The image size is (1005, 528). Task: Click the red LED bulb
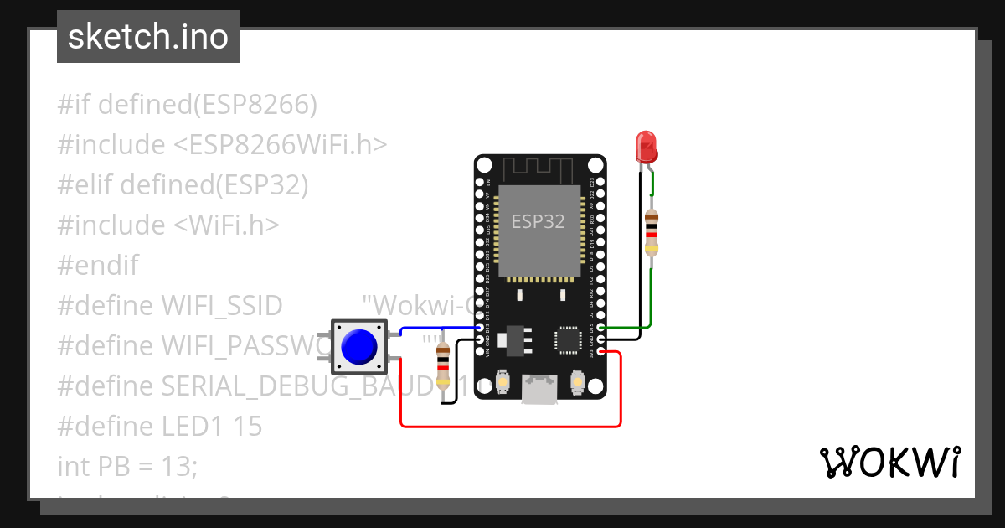point(646,147)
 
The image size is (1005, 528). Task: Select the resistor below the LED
point(652,232)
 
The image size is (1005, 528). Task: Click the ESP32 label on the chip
point(539,222)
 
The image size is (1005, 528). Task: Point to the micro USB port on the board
point(539,389)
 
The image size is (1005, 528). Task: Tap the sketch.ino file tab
point(148,37)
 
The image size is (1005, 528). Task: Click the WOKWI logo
point(889,463)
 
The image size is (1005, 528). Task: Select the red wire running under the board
point(511,426)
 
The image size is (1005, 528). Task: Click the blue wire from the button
point(440,328)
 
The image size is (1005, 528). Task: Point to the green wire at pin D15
point(628,327)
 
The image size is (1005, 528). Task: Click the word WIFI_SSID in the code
point(221,306)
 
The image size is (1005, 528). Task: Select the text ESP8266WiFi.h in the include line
point(281,145)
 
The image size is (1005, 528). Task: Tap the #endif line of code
point(98,266)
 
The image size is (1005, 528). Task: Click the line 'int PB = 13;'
point(127,466)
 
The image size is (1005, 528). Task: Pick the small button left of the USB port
point(502,382)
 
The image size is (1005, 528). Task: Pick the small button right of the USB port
point(577,382)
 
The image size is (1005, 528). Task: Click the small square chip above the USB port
point(565,339)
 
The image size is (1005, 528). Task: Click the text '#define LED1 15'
point(160,427)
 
